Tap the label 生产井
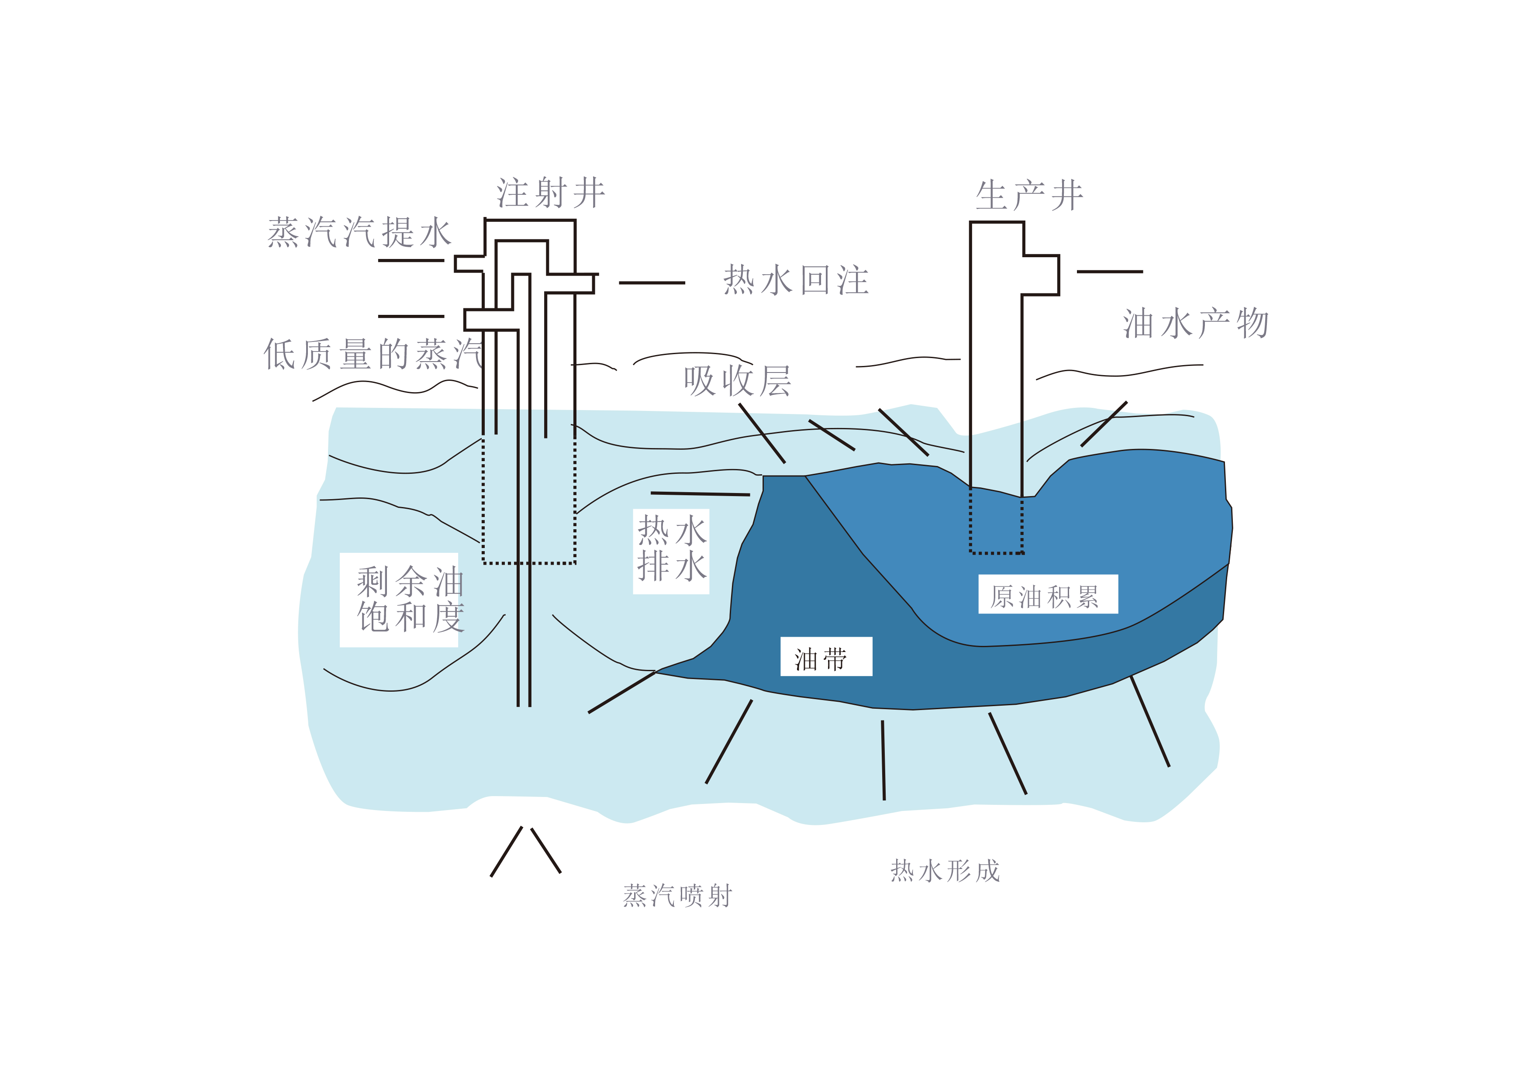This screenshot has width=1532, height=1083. point(1030,196)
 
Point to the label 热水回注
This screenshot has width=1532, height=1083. point(796,280)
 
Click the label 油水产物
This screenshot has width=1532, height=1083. point(1196,324)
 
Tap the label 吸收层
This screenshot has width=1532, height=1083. point(737,381)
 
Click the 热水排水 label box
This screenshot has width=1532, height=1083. point(671,551)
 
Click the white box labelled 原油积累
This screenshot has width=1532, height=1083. point(1048,594)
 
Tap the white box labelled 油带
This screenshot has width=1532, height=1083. point(827,657)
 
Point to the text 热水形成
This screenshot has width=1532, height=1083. point(945,871)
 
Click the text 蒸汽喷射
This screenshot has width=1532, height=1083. point(678,896)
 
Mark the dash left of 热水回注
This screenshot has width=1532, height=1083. point(652,283)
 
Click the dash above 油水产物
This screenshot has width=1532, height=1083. point(1110,272)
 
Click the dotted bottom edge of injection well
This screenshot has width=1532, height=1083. point(529,563)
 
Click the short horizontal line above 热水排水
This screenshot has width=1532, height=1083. point(700,494)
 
